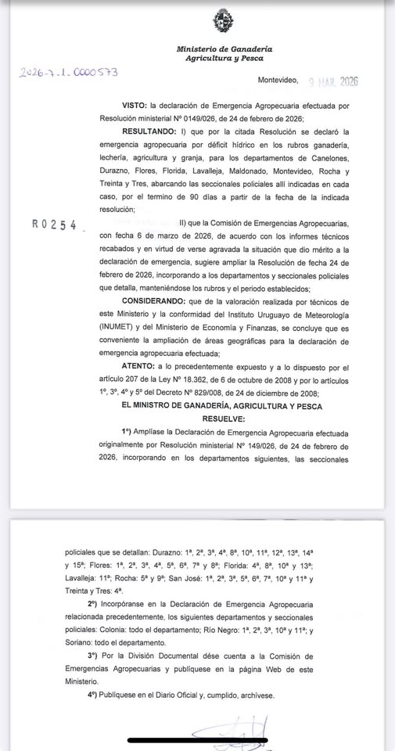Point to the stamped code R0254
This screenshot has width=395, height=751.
point(55,224)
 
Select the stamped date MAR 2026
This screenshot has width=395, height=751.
point(336,81)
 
